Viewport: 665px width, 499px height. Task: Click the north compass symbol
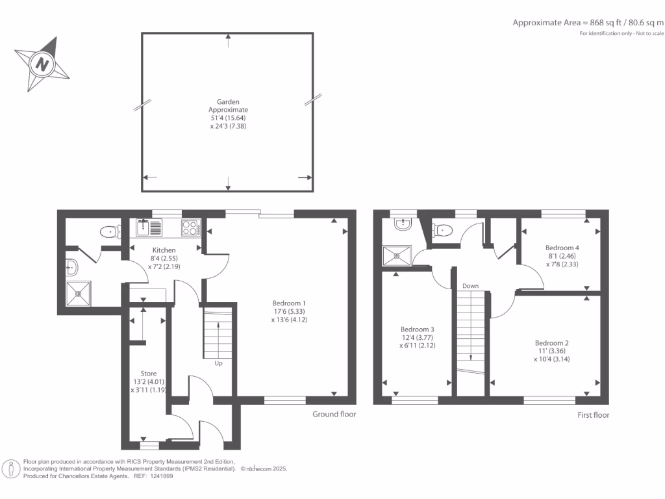coord(42,64)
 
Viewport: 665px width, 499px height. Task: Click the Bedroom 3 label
coord(416,337)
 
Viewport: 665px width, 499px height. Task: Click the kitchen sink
coord(150,227)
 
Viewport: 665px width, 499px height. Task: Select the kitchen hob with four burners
coord(190,227)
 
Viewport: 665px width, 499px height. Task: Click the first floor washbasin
coord(402,224)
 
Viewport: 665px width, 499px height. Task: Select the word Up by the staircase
coord(218,363)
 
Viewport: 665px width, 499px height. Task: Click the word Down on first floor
coord(470,286)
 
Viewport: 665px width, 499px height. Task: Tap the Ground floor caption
coord(334,414)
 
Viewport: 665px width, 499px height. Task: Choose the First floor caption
coord(593,415)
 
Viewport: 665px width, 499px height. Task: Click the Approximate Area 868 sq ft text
coord(588,22)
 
